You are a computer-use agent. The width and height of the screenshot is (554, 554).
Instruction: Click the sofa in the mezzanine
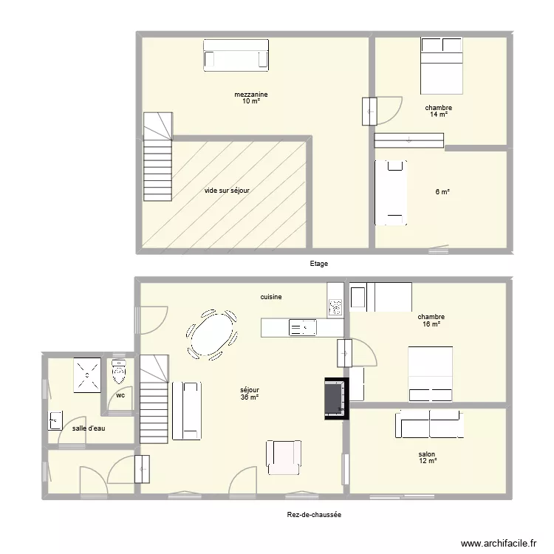coord(236,55)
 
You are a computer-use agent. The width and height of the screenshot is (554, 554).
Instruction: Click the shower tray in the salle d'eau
coord(87,375)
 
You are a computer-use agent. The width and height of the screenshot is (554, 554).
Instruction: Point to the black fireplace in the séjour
coord(335,399)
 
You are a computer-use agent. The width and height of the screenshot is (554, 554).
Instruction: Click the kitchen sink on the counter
coord(302,327)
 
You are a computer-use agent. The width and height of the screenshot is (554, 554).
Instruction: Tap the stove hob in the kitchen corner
coord(335,306)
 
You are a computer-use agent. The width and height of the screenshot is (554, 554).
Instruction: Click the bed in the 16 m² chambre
coord(430,374)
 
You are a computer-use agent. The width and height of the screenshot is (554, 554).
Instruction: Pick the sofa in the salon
coord(429,425)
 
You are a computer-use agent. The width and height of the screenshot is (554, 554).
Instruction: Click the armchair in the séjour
coord(284,456)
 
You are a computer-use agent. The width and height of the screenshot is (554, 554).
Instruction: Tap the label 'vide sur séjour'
coord(227,191)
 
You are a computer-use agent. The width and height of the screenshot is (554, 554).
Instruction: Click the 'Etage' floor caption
coord(319,264)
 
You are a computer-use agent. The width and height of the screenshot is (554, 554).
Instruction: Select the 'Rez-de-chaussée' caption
coord(314,516)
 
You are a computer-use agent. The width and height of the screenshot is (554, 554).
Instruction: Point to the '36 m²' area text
coord(249,397)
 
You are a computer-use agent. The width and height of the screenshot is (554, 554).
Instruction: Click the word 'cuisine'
coord(270,297)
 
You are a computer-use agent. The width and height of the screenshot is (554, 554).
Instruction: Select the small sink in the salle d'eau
coord(54,420)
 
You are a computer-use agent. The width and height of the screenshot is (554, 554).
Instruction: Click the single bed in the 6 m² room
coord(391,193)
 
